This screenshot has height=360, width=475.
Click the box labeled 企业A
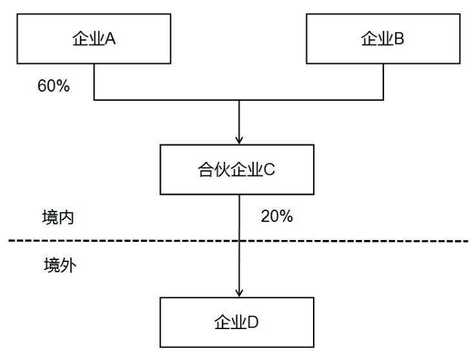click(x=94, y=39)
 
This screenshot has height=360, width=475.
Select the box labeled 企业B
click(x=383, y=39)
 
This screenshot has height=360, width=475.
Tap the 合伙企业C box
click(x=237, y=170)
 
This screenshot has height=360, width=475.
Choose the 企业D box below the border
click(x=237, y=322)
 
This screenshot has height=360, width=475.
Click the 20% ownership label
click(x=277, y=217)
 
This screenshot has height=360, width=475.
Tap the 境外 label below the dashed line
click(x=59, y=265)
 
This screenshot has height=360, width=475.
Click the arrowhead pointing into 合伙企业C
click(x=239, y=139)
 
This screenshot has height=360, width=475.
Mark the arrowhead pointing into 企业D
click(x=239, y=292)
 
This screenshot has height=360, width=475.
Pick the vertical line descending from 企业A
click(x=94, y=81)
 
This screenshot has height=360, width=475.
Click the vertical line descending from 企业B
click(x=383, y=81)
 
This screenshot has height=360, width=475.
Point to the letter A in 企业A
click(x=110, y=39)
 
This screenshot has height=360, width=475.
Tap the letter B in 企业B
click(x=399, y=39)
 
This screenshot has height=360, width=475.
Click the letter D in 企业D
click(x=253, y=322)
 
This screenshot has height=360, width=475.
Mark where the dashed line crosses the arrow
click(x=239, y=241)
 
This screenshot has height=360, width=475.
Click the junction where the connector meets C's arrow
click(x=239, y=100)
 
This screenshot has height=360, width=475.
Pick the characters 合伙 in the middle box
click(x=212, y=170)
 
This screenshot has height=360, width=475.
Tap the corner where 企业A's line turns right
click(x=94, y=100)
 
